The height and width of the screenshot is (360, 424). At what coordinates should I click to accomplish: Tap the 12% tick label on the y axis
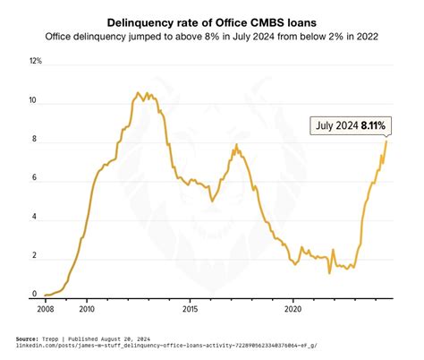[36, 62]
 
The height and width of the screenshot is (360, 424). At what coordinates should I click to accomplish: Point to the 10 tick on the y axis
[34, 101]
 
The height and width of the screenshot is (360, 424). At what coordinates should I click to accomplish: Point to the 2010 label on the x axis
[87, 308]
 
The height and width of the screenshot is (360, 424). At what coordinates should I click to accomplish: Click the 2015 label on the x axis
[191, 308]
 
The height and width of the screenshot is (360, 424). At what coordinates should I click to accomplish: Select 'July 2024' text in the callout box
[338, 125]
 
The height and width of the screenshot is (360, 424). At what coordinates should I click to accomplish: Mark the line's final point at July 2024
[387, 141]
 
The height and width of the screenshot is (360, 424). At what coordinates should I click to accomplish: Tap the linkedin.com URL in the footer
[160, 346]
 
